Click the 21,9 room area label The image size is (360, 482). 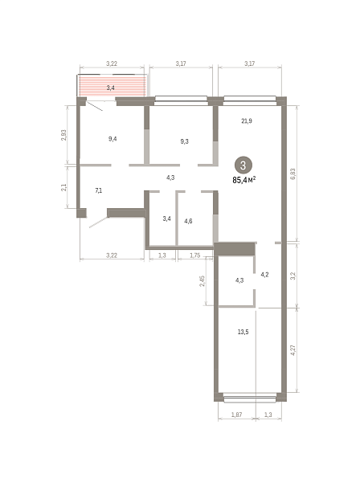coord(247,120)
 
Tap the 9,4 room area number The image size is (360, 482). coord(112,139)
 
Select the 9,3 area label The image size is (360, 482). coord(185,141)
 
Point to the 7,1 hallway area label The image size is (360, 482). coord(98,190)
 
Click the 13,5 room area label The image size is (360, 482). coord(243,332)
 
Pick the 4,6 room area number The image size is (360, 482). coord(188,221)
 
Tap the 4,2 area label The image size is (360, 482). coord(264,275)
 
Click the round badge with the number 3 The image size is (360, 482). coord(243,165)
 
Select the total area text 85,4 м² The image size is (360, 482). coord(244,180)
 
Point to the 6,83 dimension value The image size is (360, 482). coord(292,174)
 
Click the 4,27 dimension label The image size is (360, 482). coord(292,350)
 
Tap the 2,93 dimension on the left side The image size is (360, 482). coord(63,135)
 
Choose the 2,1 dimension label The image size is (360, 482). coord(63,187)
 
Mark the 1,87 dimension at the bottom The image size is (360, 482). coord(236,415)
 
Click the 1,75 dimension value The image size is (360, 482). coord(195,255)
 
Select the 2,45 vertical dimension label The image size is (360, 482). coord(202,281)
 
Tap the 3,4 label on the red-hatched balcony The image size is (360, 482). coord(111,88)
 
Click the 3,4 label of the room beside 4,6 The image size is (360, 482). coord(166,219)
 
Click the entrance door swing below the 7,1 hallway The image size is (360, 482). coord(98,223)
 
